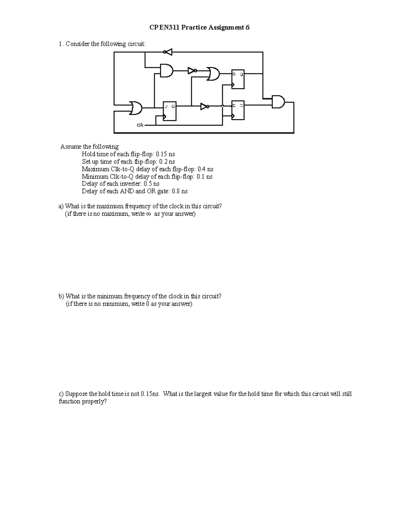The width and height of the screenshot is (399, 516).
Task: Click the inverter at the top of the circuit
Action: click(168, 52)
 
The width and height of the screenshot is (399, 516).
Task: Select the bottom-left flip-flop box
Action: click(170, 111)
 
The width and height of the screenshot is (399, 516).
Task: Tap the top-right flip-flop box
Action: click(238, 80)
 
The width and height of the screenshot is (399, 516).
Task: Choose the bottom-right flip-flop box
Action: click(238, 110)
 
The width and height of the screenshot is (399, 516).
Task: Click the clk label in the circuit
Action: click(140, 125)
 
